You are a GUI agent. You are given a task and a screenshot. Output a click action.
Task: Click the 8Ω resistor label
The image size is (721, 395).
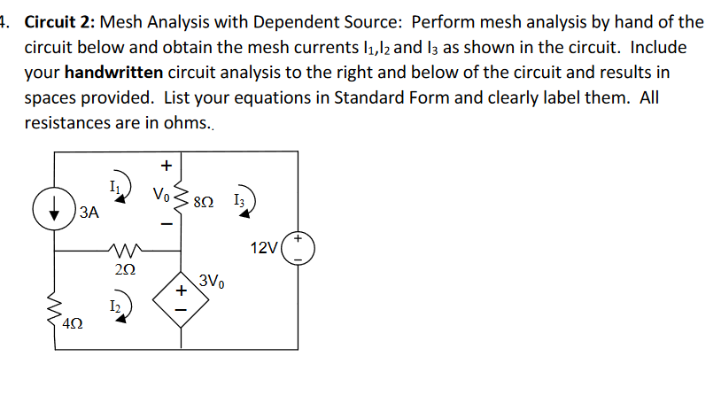(x=203, y=202)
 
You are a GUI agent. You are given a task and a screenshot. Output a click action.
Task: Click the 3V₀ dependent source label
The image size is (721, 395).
(x=212, y=282)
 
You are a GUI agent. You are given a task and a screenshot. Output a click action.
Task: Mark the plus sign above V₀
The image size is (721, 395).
(x=164, y=165)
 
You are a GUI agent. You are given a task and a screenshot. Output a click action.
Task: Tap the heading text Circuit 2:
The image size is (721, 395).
(x=69, y=21)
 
